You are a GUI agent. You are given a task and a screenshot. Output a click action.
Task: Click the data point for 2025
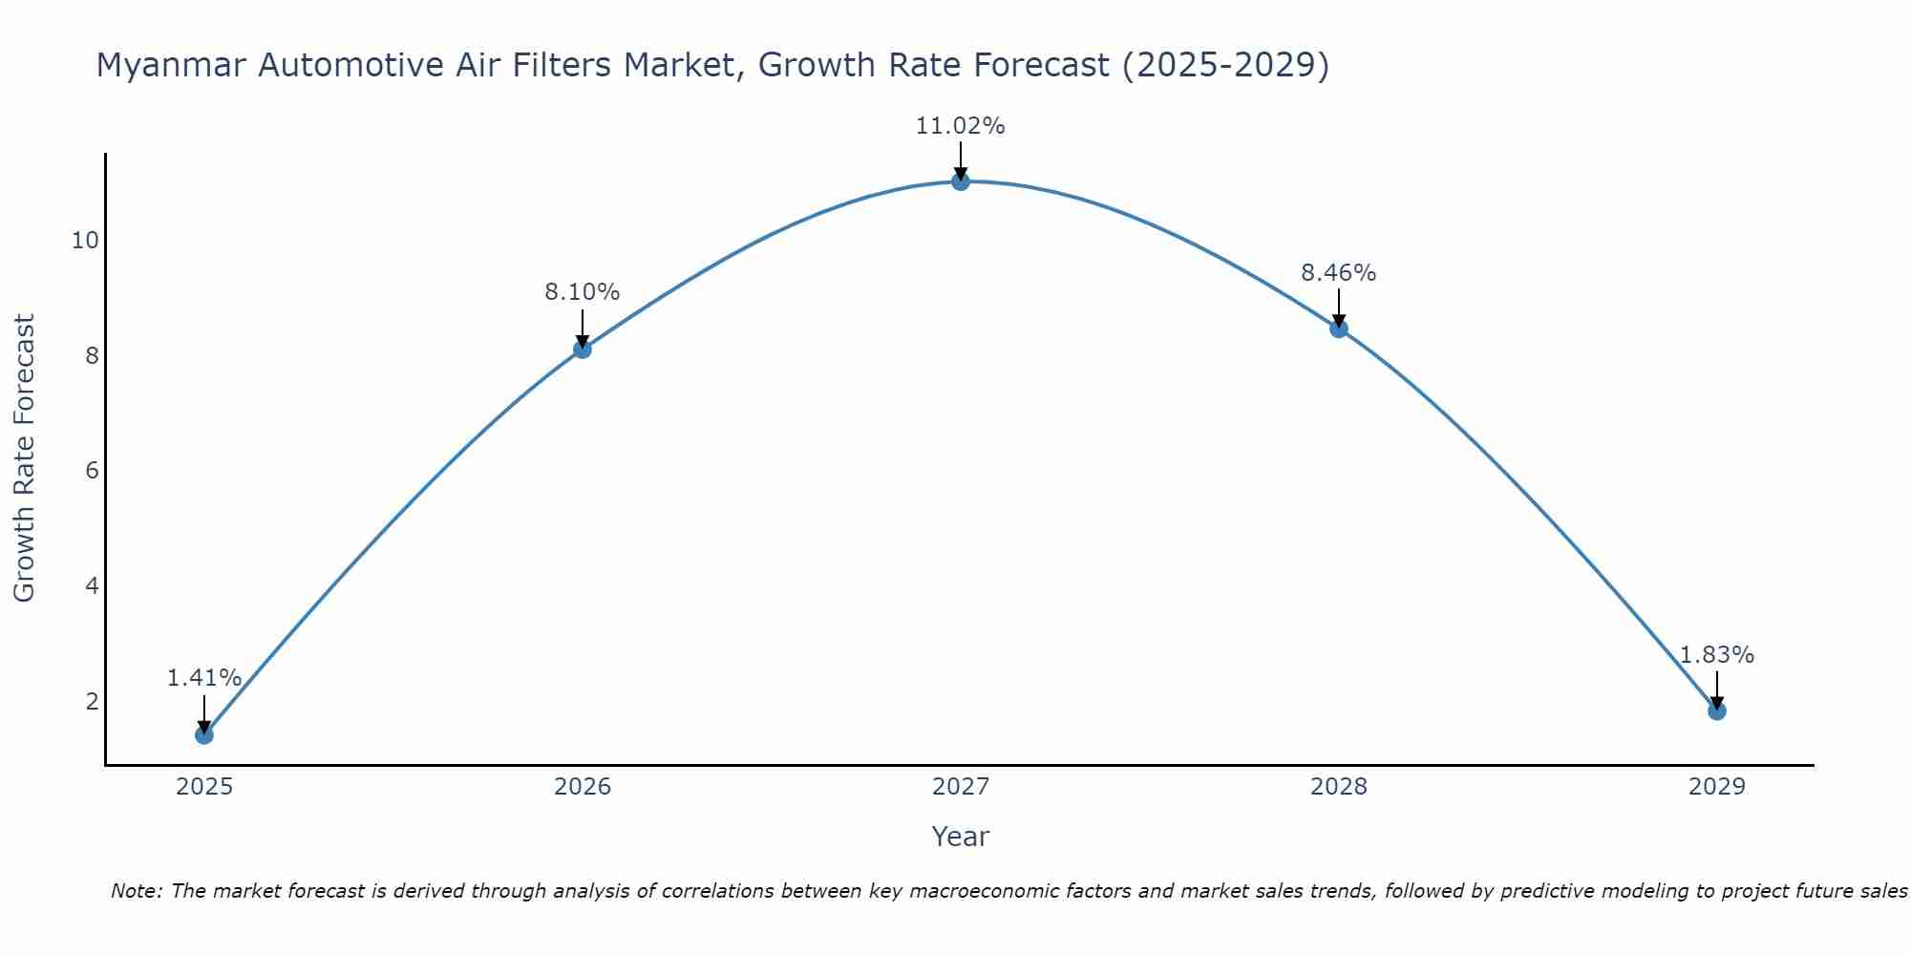[x=203, y=734]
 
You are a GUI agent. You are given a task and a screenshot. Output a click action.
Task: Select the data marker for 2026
[x=582, y=349]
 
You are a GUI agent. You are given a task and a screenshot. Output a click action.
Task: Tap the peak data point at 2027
[x=960, y=180]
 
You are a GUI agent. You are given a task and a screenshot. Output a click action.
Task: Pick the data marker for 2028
[x=1338, y=329]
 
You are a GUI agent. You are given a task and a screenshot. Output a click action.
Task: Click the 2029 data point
[x=1716, y=711]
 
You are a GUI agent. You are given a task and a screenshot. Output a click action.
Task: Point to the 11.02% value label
[x=960, y=126]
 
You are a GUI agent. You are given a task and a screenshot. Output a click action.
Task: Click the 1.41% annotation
[x=203, y=678]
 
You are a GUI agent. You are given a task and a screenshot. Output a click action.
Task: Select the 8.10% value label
[x=582, y=292]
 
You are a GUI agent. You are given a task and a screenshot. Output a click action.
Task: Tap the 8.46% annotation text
[x=1338, y=273]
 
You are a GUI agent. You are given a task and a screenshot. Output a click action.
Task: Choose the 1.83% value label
[x=1716, y=655]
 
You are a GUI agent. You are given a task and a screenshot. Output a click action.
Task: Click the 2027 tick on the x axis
[x=960, y=787]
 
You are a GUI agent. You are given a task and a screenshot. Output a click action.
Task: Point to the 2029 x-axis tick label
[x=1716, y=787]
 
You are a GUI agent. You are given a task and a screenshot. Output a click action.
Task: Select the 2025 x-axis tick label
[x=203, y=787]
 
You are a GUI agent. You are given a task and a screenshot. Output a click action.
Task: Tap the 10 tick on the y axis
[x=85, y=240]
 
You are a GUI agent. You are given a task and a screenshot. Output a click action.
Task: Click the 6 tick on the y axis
[x=92, y=470]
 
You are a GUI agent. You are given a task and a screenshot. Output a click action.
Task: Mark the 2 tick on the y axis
[x=92, y=701]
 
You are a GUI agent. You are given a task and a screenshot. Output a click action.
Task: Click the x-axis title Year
[x=960, y=837]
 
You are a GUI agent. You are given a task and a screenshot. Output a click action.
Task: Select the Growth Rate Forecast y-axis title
[x=25, y=457]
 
